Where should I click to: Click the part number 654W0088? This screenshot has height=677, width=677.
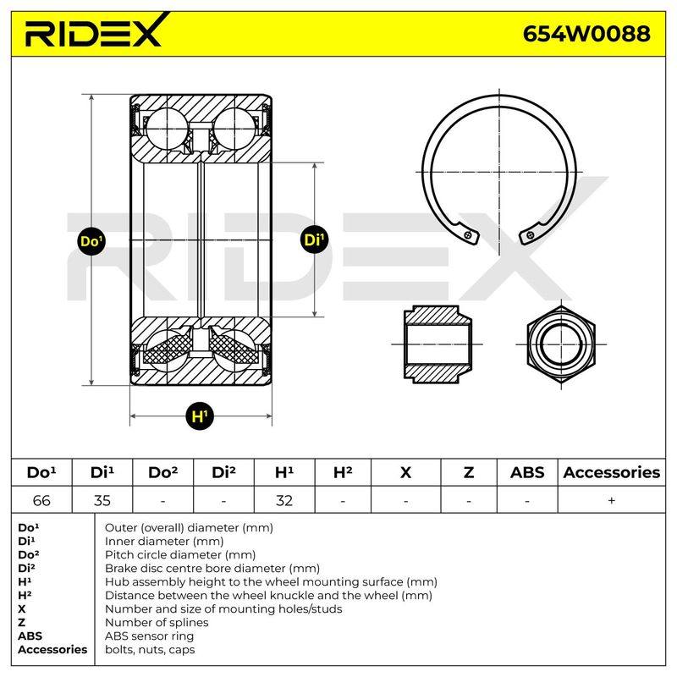(586, 34)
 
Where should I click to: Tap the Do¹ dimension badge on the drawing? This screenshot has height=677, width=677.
(91, 240)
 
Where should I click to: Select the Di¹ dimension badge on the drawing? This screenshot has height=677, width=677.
(314, 239)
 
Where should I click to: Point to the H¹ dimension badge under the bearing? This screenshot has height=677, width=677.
(200, 416)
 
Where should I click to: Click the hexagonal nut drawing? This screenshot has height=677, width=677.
(561, 344)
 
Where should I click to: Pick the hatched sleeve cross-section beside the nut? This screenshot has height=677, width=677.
(438, 344)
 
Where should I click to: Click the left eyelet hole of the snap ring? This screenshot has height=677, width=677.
(469, 234)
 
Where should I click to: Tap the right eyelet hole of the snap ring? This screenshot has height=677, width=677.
(531, 235)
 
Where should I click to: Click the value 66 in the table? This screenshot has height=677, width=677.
(41, 500)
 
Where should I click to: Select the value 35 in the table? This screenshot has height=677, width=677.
(102, 500)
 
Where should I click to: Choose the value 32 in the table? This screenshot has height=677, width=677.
(284, 500)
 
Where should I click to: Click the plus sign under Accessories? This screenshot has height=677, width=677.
(611, 500)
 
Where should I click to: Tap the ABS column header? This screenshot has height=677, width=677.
(527, 472)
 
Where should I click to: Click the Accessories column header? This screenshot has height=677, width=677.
(612, 472)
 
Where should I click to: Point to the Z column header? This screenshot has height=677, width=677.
(469, 472)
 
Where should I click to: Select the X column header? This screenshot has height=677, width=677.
(406, 472)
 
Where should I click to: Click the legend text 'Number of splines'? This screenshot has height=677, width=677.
(157, 622)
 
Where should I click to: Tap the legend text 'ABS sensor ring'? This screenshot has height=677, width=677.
(150, 636)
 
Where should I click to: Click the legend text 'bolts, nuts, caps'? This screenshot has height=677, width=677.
(150, 649)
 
